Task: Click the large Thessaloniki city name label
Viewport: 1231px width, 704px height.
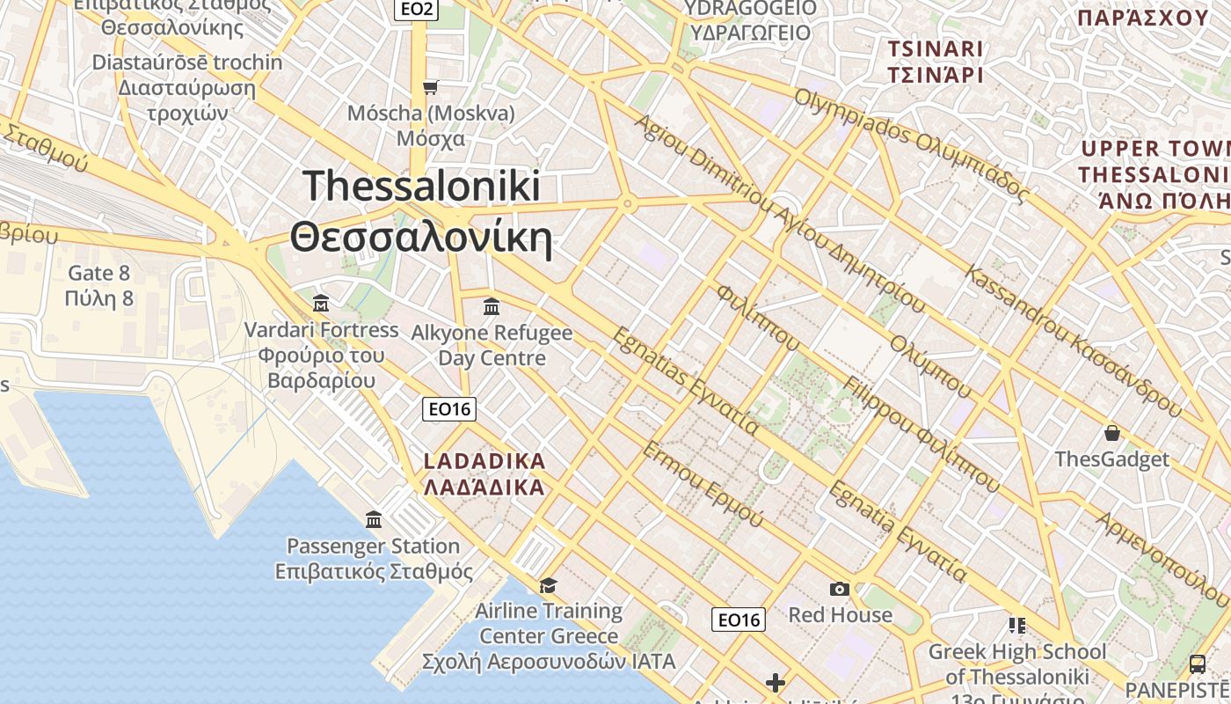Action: click(421, 212)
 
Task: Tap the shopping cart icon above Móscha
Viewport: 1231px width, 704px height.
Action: click(430, 87)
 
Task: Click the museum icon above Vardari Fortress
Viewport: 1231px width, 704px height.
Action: click(321, 304)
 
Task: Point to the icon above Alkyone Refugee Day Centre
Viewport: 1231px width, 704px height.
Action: click(492, 307)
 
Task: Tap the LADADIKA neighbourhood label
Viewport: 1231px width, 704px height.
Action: click(484, 473)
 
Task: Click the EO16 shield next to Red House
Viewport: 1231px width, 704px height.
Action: click(739, 620)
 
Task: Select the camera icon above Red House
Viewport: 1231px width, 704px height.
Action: click(840, 589)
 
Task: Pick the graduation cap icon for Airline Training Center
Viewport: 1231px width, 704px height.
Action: click(548, 585)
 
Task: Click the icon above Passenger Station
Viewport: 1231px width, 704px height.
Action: click(374, 520)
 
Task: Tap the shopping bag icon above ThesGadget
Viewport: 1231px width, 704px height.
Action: click(1112, 433)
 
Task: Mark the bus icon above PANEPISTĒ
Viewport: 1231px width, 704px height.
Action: click(1197, 663)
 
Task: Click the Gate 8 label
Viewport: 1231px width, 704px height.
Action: click(98, 285)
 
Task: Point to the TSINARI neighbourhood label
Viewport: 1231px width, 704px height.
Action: click(935, 61)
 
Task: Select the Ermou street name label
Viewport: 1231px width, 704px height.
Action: click(703, 484)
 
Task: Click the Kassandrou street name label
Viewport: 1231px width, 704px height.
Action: click(1074, 339)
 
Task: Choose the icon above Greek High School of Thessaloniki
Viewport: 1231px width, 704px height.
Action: click(1017, 626)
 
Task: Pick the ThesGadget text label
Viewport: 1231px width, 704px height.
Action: click(1112, 459)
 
